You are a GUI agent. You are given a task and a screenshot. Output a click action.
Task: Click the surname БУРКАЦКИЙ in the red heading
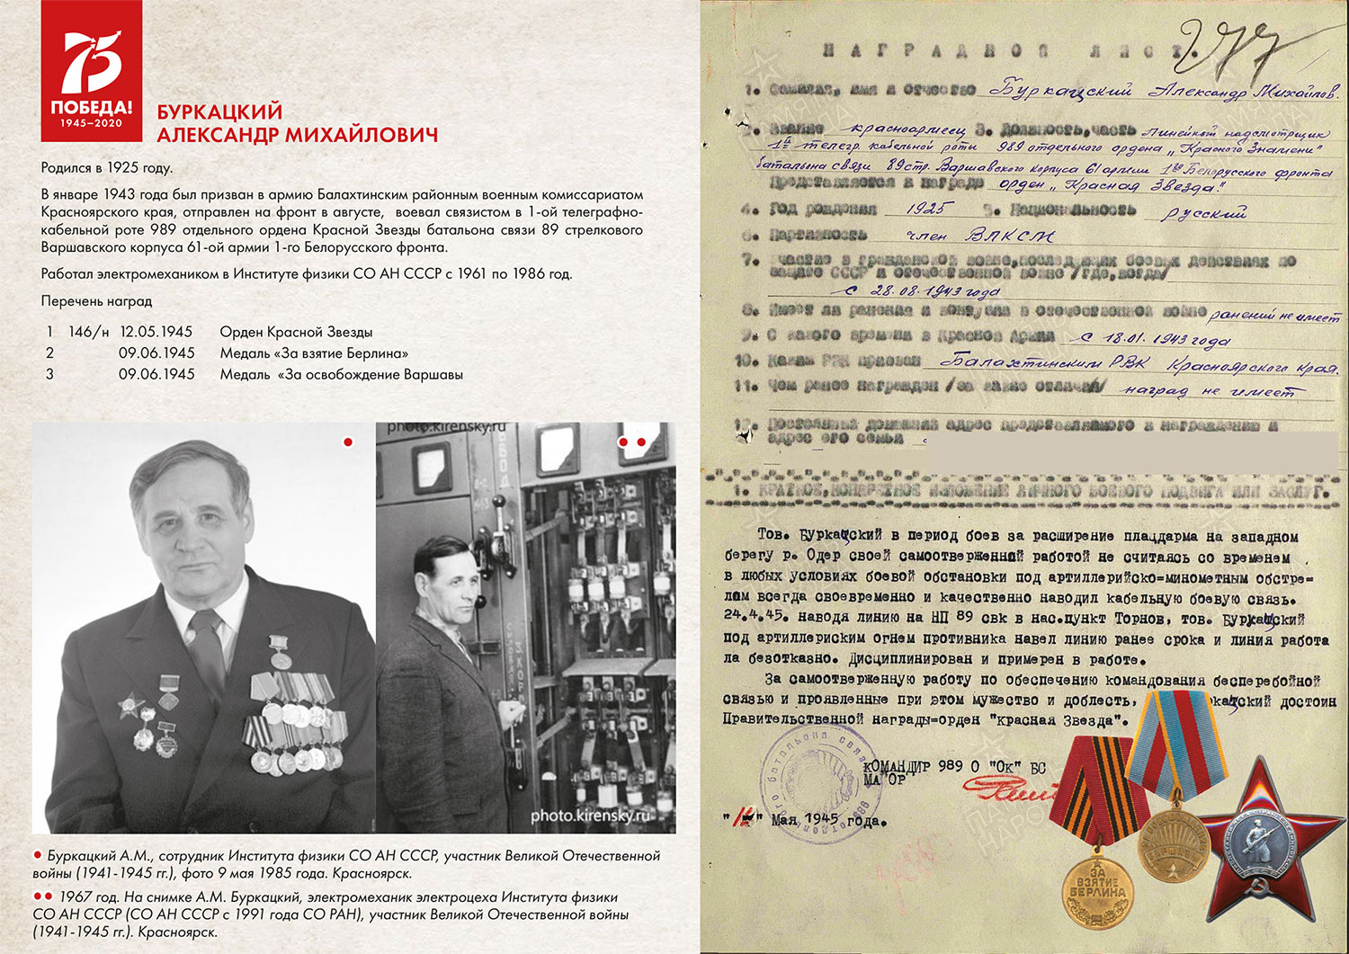click(x=219, y=112)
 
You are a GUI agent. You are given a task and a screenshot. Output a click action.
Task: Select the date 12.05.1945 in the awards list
click(x=156, y=332)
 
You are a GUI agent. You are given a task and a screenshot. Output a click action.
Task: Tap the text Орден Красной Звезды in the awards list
click(x=296, y=332)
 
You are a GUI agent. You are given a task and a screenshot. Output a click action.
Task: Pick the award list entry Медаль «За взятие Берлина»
click(x=314, y=353)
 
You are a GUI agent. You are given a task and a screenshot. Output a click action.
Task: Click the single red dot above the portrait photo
click(x=348, y=441)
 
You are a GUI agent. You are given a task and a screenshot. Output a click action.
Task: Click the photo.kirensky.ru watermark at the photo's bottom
click(x=589, y=816)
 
